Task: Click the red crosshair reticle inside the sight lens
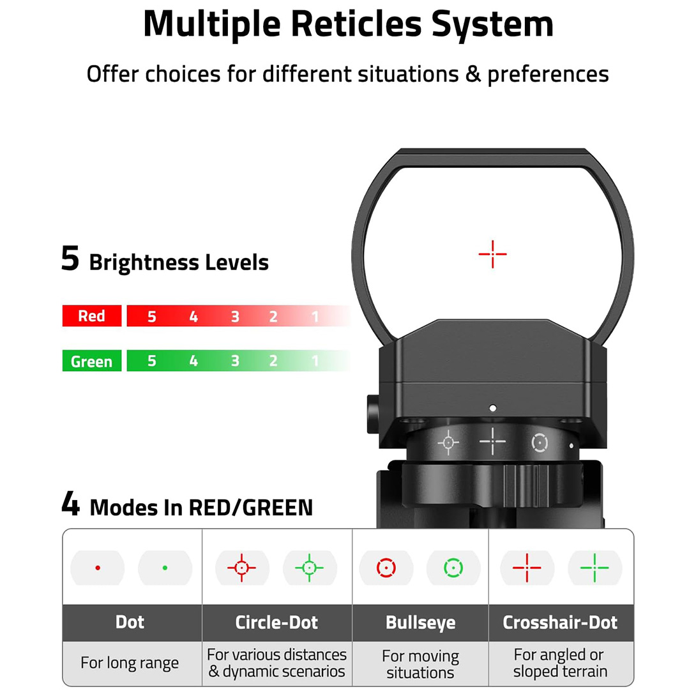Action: pos(492,254)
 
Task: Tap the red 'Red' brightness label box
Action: pos(91,316)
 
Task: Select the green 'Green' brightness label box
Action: pos(91,361)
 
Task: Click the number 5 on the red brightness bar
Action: pos(151,317)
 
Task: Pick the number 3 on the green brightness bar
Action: pos(235,361)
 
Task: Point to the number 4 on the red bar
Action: pos(193,317)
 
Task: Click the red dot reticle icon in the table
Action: pos(98,567)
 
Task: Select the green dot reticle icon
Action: pos(165,567)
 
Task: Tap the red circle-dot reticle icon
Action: pos(241,567)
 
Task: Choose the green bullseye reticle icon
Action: pos(453,567)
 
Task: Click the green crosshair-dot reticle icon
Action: pos(594,567)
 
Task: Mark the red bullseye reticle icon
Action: pos(386,567)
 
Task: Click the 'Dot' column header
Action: pos(130,623)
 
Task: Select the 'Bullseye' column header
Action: pos(420,623)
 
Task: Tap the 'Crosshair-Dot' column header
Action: pos(560,623)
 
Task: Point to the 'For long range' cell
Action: pos(130,663)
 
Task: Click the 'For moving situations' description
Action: pos(420,664)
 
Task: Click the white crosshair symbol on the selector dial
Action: pos(492,441)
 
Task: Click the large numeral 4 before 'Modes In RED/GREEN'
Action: pos(70,504)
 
